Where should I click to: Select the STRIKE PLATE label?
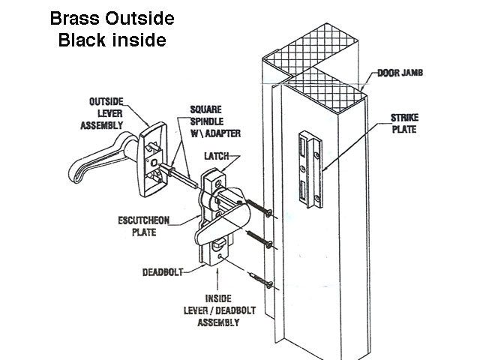405,124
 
